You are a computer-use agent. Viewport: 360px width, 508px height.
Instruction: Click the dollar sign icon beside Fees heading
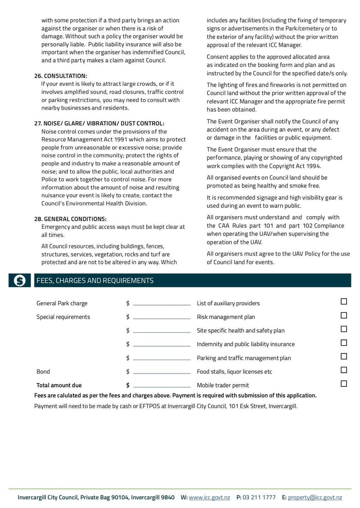[x=20, y=281]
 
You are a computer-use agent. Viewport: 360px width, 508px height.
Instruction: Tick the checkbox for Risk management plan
[x=344, y=316]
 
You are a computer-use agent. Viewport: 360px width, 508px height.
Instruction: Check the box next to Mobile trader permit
[x=344, y=384]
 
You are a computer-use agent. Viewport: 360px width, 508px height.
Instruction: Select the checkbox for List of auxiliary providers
[x=344, y=302]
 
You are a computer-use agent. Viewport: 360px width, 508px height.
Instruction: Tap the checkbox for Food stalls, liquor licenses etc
[x=344, y=370]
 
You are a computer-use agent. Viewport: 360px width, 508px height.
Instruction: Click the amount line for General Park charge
[x=162, y=304]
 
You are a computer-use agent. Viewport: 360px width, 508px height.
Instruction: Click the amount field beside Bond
[x=162, y=373]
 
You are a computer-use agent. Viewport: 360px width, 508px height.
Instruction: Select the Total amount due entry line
[x=162, y=386]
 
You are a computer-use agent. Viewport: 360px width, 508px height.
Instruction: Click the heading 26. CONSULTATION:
[x=61, y=76]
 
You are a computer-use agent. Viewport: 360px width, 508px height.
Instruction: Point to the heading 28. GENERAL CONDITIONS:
[x=70, y=219]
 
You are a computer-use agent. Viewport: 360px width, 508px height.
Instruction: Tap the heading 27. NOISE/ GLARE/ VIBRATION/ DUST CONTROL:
[x=99, y=123]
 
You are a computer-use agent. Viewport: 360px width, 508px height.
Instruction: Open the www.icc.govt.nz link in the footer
[x=209, y=497]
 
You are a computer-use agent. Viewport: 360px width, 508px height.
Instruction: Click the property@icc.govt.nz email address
[x=315, y=497]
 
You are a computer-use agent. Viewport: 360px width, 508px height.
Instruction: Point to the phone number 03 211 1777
[x=259, y=497]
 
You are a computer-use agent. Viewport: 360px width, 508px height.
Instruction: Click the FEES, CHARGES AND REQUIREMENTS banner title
[x=95, y=281]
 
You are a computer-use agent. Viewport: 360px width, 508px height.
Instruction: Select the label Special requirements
[x=63, y=317]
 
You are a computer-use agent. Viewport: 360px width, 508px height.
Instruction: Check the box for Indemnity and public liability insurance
[x=344, y=343]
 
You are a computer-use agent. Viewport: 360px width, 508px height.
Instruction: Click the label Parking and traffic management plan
[x=244, y=358]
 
